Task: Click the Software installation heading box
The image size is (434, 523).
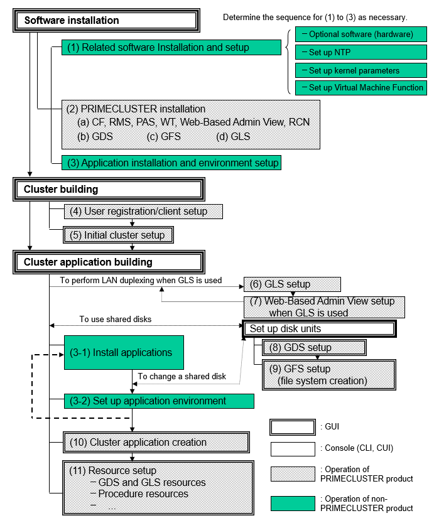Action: tap(106, 20)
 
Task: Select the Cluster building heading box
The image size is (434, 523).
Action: tap(109, 189)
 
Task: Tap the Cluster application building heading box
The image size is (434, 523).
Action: tap(109, 262)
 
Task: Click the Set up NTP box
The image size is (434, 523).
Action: tap(361, 52)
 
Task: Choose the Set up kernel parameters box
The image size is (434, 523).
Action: tap(361, 70)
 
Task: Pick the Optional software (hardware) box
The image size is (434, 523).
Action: tap(361, 34)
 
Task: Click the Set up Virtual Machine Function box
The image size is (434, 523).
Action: tap(361, 88)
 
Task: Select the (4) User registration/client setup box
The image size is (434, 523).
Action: tap(143, 212)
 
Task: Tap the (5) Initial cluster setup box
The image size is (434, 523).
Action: tap(119, 235)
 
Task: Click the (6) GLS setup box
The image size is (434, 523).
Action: tap(292, 284)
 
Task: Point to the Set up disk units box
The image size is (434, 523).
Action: tap(320, 329)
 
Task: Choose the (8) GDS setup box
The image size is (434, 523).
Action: tap(314, 348)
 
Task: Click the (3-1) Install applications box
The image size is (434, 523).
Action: tap(124, 353)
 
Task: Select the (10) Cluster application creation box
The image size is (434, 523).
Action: tap(156, 442)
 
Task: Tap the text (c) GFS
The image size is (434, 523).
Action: tap(164, 136)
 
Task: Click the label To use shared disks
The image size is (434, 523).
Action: tap(116, 319)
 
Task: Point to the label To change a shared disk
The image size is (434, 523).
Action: tap(182, 376)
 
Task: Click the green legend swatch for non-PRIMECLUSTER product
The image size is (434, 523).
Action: tap(293, 504)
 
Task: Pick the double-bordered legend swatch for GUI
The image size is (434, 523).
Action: tap(293, 428)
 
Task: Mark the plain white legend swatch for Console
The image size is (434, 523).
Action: tap(293, 449)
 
